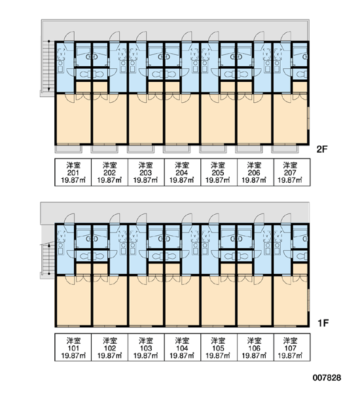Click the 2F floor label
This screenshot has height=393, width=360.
point(322,149)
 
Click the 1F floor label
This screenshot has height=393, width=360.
point(323,323)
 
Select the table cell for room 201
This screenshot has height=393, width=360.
point(73,172)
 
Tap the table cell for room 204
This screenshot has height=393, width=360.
point(182,172)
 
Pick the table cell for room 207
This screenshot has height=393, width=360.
point(292,172)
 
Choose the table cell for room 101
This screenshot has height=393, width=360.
point(73,347)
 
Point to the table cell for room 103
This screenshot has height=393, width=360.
point(146,347)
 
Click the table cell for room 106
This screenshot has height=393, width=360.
point(255,347)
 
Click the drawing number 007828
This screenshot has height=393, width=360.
point(327,377)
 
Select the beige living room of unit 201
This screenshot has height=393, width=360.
point(74,119)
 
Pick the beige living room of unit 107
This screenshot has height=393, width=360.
point(291,301)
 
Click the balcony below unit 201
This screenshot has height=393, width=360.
point(68,149)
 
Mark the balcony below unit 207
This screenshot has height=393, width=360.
point(285,149)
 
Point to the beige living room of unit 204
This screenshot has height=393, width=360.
point(183,119)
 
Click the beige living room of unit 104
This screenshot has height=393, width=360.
point(183,301)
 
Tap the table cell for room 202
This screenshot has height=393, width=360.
point(110,172)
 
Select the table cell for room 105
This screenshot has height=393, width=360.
point(219,347)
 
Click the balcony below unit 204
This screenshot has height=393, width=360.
point(177,149)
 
